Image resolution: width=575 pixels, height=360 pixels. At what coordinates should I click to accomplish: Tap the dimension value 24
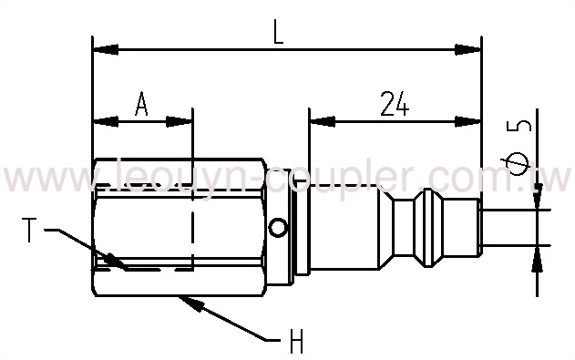[394, 104]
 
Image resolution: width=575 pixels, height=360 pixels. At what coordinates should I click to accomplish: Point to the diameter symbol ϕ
[521, 165]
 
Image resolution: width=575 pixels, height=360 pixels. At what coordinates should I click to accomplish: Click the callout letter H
[295, 344]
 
